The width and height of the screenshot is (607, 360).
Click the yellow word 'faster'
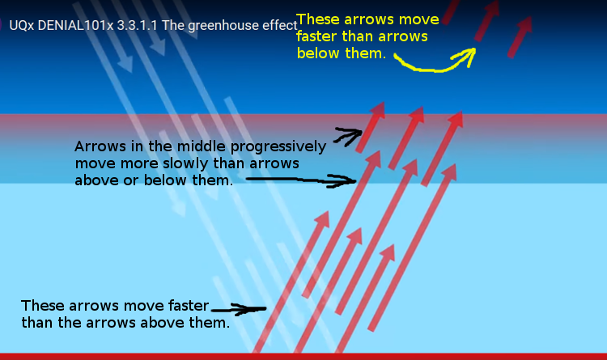pyautogui.click(x=317, y=36)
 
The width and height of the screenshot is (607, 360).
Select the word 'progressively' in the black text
pyautogui.click(x=278, y=147)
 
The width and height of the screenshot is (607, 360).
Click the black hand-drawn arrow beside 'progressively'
pyautogui.click(x=348, y=137)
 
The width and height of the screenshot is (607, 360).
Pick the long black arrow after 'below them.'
pyautogui.click(x=301, y=180)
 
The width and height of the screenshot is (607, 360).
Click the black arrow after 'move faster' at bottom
pyautogui.click(x=239, y=309)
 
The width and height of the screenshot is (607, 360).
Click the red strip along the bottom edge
pyautogui.click(x=303, y=357)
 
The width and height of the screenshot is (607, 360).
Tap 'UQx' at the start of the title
pyautogui.click(x=22, y=25)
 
